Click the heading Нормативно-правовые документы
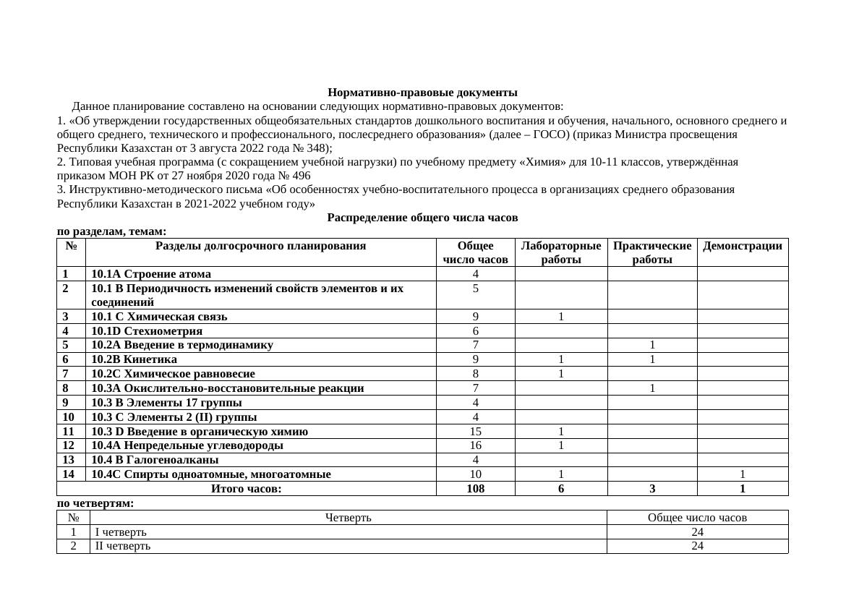click(x=422, y=93)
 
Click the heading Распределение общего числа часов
click(x=422, y=217)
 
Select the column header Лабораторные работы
click(x=560, y=252)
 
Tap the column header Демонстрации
click(x=742, y=246)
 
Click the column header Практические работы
click(x=651, y=252)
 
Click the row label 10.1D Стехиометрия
click(x=147, y=330)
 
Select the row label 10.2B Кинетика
click(x=134, y=359)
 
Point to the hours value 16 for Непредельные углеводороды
click(x=475, y=445)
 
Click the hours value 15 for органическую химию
click(x=475, y=432)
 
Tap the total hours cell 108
click(x=475, y=489)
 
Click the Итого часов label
click(x=246, y=489)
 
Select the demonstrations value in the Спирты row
click(x=742, y=474)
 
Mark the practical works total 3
click(x=651, y=489)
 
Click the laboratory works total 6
click(x=560, y=489)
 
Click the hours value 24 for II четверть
click(x=697, y=546)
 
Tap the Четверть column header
click(x=348, y=518)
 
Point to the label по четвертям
click(x=95, y=503)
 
